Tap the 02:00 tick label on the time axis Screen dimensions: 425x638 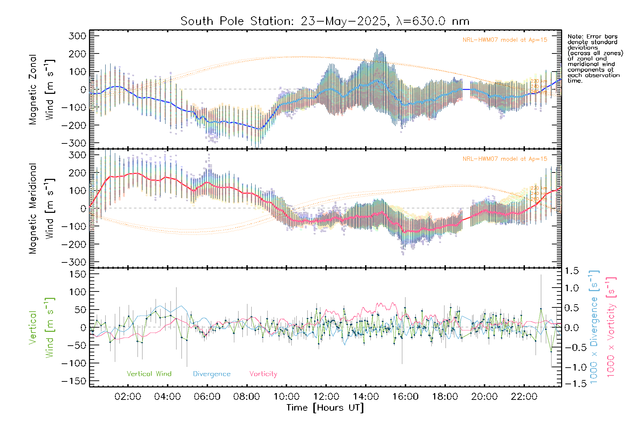128,397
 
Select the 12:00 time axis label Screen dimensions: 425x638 326,397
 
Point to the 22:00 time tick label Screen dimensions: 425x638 524,397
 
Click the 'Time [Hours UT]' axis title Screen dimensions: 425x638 325,408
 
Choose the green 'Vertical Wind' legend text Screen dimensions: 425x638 149,374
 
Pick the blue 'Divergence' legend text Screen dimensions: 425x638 212,374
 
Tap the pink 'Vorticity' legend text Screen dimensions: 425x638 263,374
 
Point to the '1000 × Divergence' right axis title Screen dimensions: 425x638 594,328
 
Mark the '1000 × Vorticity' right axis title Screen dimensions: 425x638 611,328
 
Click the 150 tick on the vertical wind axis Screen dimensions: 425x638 77,274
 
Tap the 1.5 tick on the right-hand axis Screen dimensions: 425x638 571,271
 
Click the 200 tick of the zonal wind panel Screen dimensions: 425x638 77,54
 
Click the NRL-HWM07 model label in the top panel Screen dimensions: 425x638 505,40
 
